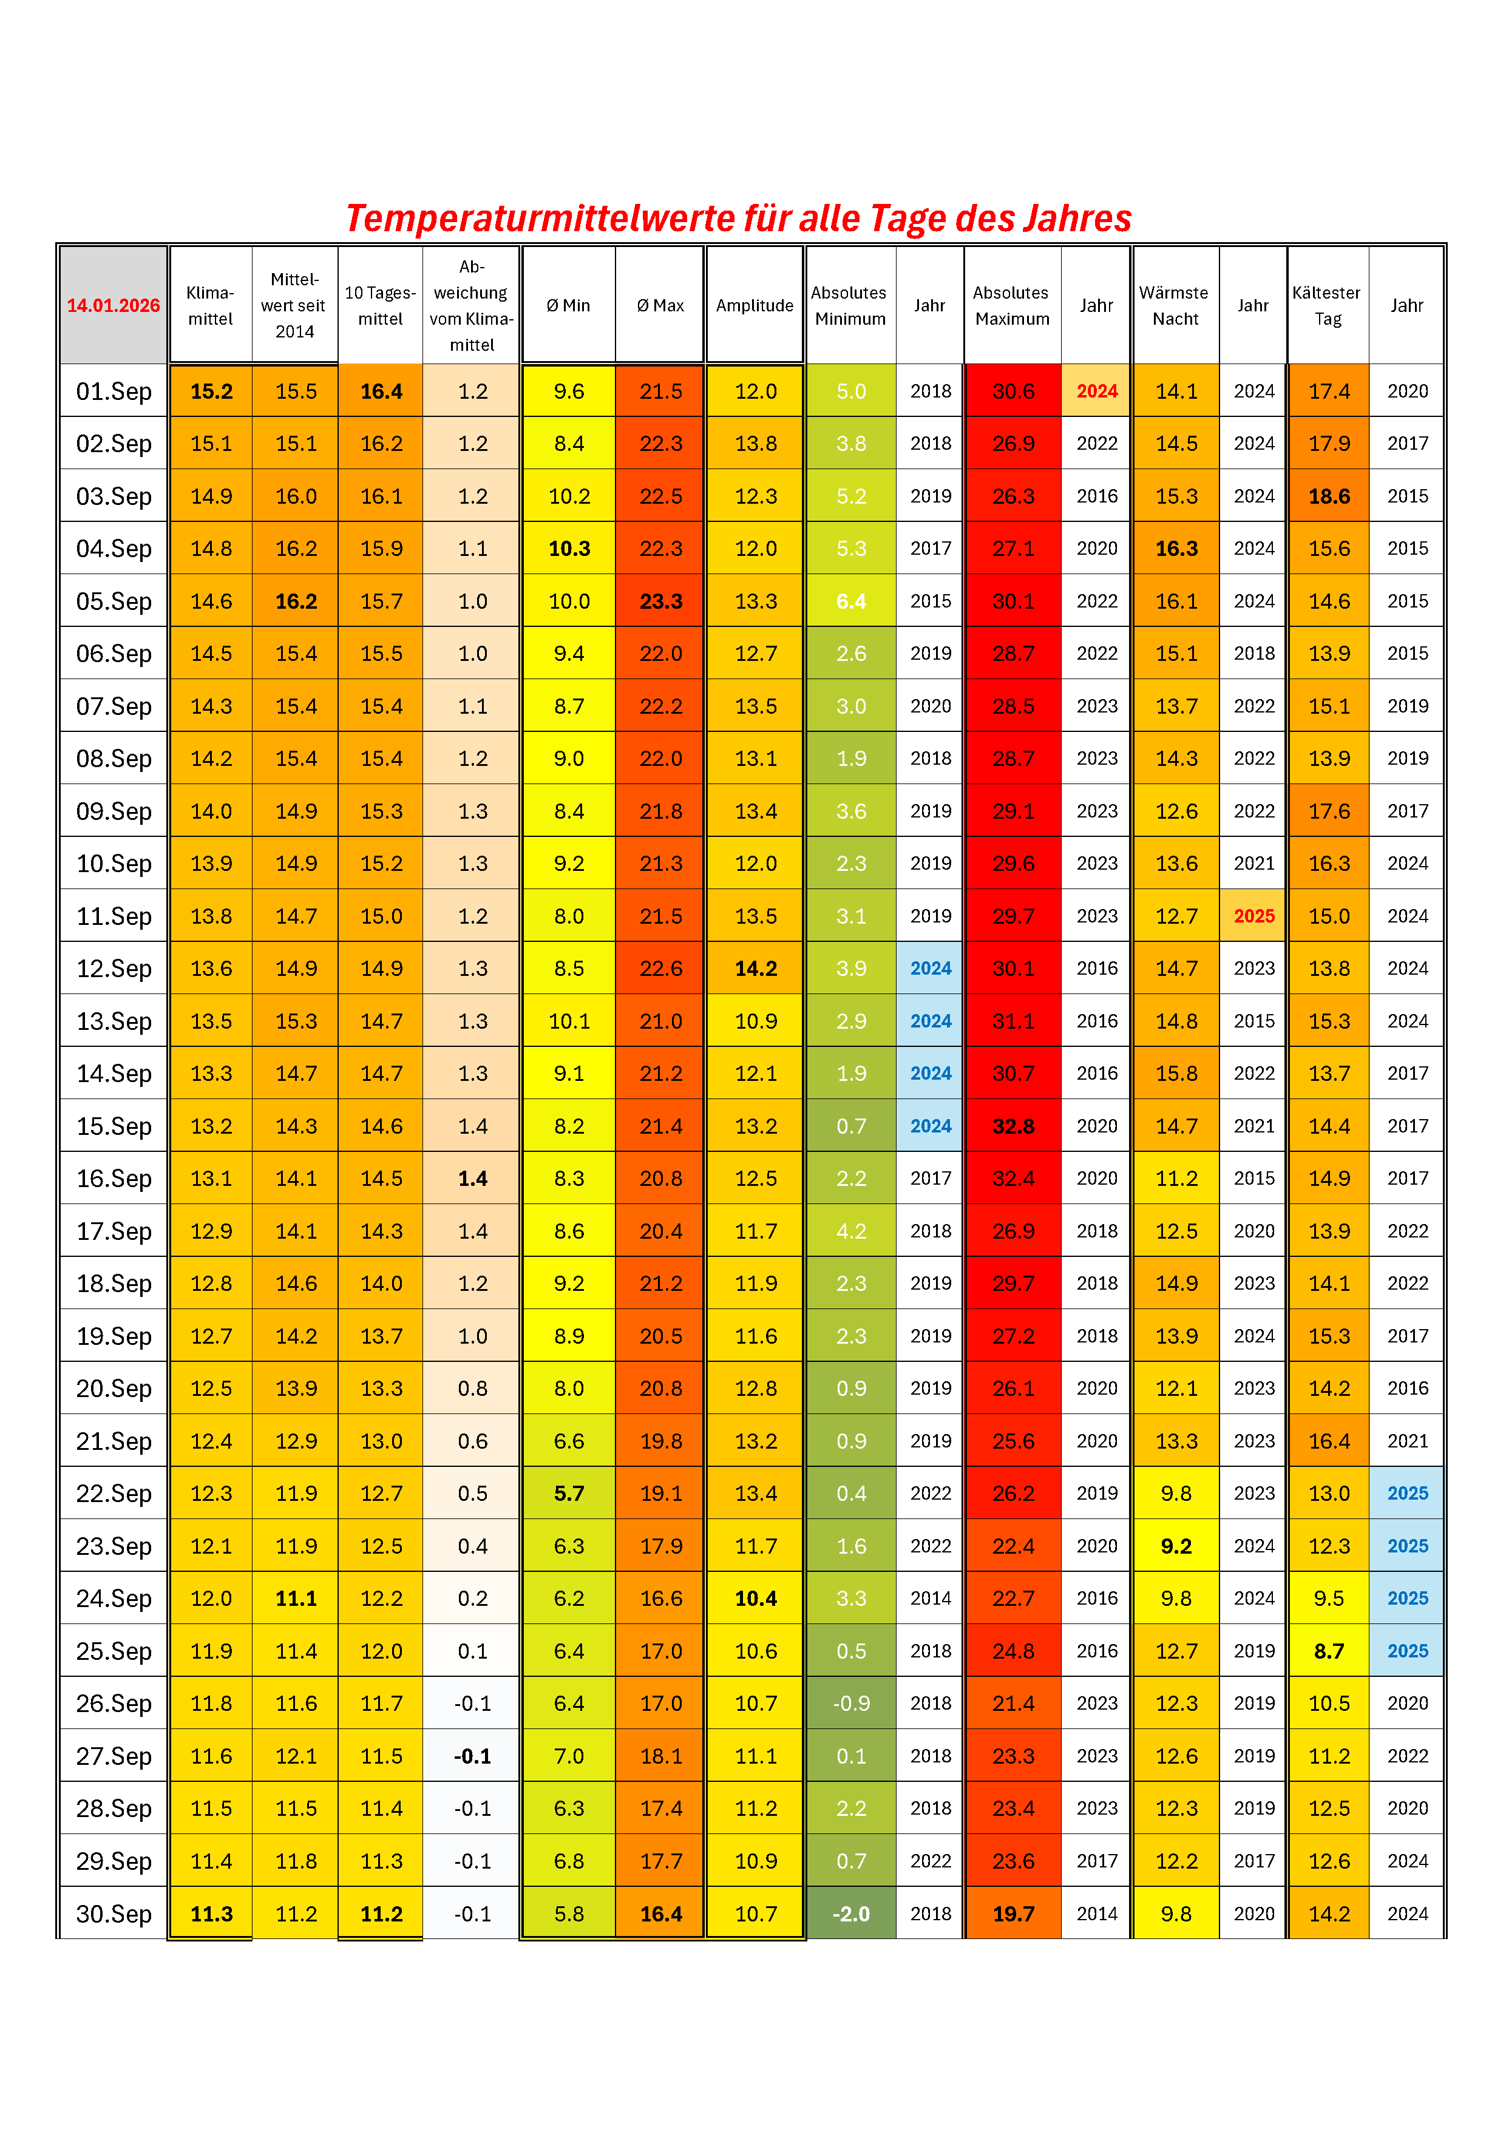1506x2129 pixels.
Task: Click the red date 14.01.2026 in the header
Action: click(x=113, y=305)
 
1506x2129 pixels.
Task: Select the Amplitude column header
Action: click(x=755, y=305)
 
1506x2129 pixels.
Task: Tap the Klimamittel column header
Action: click(x=211, y=305)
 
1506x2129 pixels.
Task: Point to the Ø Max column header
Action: click(x=660, y=305)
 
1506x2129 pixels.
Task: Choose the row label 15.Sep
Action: click(x=113, y=1126)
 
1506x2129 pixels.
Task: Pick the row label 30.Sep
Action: click(x=113, y=1914)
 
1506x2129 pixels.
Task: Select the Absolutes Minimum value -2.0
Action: click(x=850, y=1914)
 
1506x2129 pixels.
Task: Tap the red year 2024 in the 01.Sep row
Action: click(x=1096, y=391)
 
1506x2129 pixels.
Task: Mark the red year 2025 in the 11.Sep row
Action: click(x=1253, y=916)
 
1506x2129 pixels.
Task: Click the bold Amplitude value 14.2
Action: click(x=756, y=968)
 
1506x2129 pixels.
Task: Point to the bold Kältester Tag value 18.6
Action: click(x=1329, y=496)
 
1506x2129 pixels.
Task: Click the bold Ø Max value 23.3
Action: click(x=660, y=601)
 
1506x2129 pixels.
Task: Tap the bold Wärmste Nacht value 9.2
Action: click(x=1176, y=1546)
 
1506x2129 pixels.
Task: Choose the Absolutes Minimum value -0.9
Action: click(x=850, y=1704)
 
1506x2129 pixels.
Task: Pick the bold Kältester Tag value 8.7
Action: click(x=1329, y=1651)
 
